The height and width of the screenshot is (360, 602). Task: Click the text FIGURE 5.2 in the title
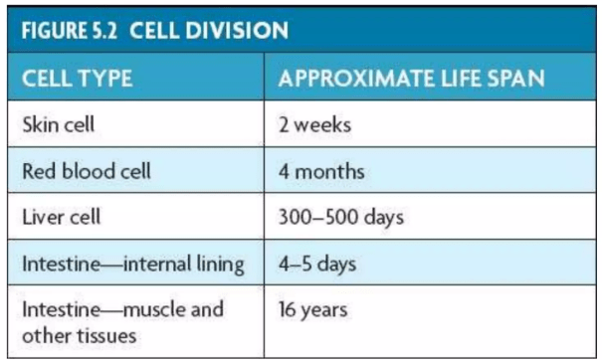pyautogui.click(x=69, y=30)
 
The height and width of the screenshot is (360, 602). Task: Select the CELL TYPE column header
pyautogui.click(x=78, y=79)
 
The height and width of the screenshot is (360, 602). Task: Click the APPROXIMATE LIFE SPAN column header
pyautogui.click(x=412, y=79)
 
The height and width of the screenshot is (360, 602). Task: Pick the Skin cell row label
pyautogui.click(x=58, y=124)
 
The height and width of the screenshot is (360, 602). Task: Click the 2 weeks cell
pyautogui.click(x=314, y=124)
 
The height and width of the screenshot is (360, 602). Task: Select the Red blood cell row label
pyautogui.click(x=87, y=171)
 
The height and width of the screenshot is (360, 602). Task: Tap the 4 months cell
pyautogui.click(x=321, y=171)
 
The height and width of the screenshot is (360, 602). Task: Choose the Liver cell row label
pyautogui.click(x=62, y=217)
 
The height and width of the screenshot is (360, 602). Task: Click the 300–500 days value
pyautogui.click(x=341, y=218)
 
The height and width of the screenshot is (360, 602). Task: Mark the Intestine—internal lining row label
pyautogui.click(x=133, y=265)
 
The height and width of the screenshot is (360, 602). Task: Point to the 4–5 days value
pyautogui.click(x=317, y=265)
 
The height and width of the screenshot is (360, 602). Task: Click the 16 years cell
pyautogui.click(x=312, y=310)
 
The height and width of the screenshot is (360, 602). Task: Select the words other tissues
pyautogui.click(x=79, y=336)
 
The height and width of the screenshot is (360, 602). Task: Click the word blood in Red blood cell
pyautogui.click(x=90, y=171)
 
